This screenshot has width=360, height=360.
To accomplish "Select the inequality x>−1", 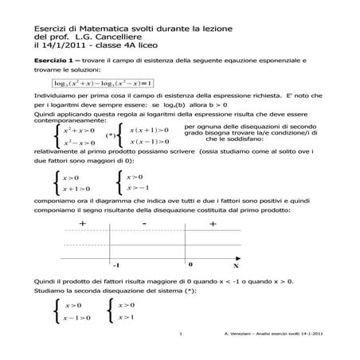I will pyautogui.click(x=140, y=190).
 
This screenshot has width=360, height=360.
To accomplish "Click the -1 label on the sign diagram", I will pyautogui.click(x=116, y=264).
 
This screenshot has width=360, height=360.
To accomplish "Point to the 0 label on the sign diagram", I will pyautogui.click(x=190, y=263).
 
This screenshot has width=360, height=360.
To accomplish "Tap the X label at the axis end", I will pyautogui.click(x=236, y=264).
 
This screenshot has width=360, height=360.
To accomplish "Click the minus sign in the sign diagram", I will pyautogui.click(x=143, y=226).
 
